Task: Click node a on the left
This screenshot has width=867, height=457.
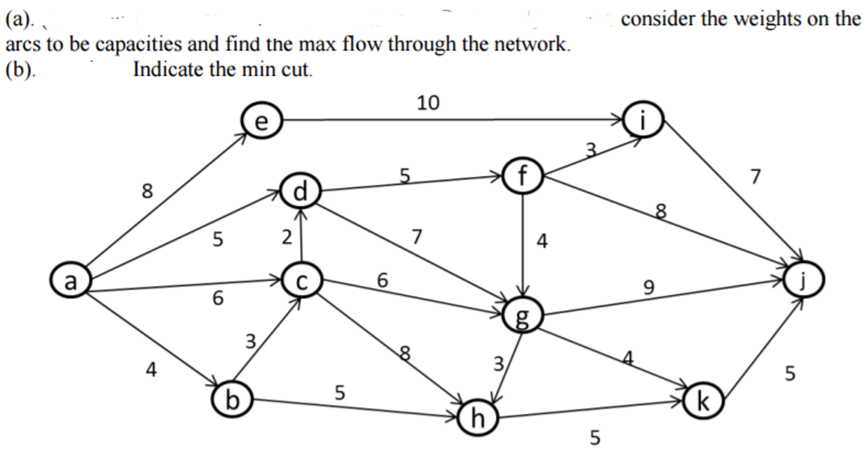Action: (70, 281)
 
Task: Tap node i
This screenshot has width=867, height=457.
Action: (643, 120)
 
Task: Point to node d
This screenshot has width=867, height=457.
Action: (300, 191)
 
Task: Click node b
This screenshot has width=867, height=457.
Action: (232, 399)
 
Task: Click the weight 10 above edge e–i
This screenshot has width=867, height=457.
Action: (428, 103)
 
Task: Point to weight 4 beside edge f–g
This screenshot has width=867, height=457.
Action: (542, 241)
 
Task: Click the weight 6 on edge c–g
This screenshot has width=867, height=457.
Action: (382, 280)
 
